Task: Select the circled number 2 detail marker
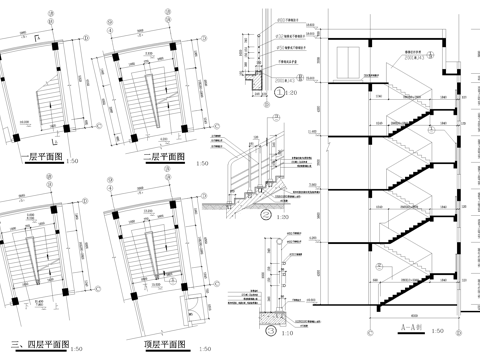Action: (270, 213)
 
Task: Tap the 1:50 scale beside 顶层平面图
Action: (204, 348)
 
